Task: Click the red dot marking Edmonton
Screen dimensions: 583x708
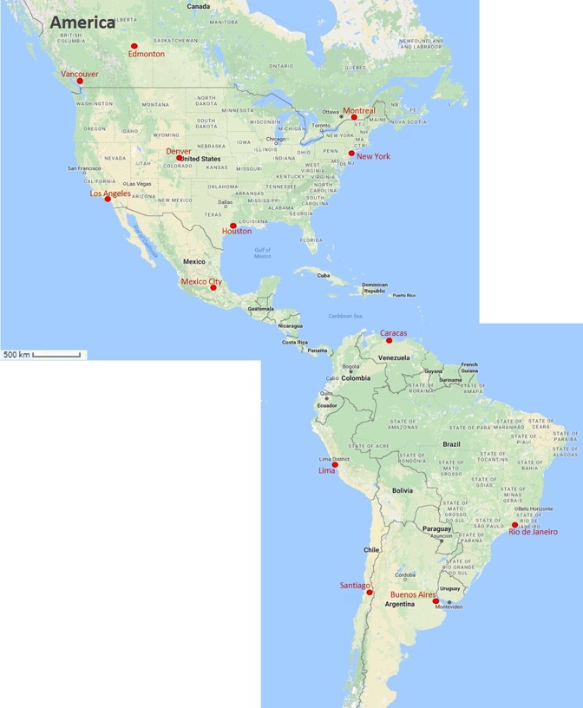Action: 134,46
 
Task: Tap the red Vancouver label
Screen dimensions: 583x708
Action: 79,75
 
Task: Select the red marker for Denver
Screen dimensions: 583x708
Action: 180,158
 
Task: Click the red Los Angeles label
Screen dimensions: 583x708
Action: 110,193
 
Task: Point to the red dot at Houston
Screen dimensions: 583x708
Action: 233,226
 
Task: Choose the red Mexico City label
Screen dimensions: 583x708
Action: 200,281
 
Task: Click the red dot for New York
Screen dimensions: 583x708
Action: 351,154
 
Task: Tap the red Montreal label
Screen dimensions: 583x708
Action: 359,111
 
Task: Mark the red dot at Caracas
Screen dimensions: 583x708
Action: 389,341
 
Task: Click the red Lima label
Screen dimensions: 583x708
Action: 326,470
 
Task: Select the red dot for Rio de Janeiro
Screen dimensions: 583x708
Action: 514,525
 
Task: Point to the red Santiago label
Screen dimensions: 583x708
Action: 356,586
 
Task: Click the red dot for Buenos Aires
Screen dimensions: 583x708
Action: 436,600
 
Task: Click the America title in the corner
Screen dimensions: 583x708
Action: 82,23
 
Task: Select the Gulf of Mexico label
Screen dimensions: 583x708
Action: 262,252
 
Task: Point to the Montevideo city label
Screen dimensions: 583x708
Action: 449,606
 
